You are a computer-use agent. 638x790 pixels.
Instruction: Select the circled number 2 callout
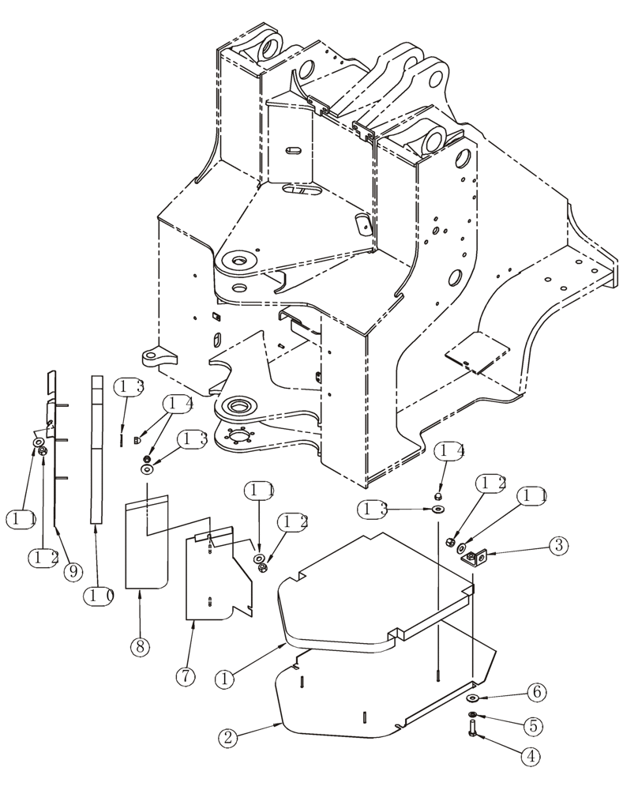[x=227, y=739]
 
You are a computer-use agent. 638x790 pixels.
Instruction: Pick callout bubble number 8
[x=139, y=646]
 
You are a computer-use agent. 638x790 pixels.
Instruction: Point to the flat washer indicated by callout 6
[x=472, y=698]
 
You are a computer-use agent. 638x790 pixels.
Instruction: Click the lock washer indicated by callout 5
[x=473, y=715]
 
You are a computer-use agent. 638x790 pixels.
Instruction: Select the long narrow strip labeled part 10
[x=96, y=450]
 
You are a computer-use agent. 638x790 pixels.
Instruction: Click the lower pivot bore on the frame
[x=236, y=408]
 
